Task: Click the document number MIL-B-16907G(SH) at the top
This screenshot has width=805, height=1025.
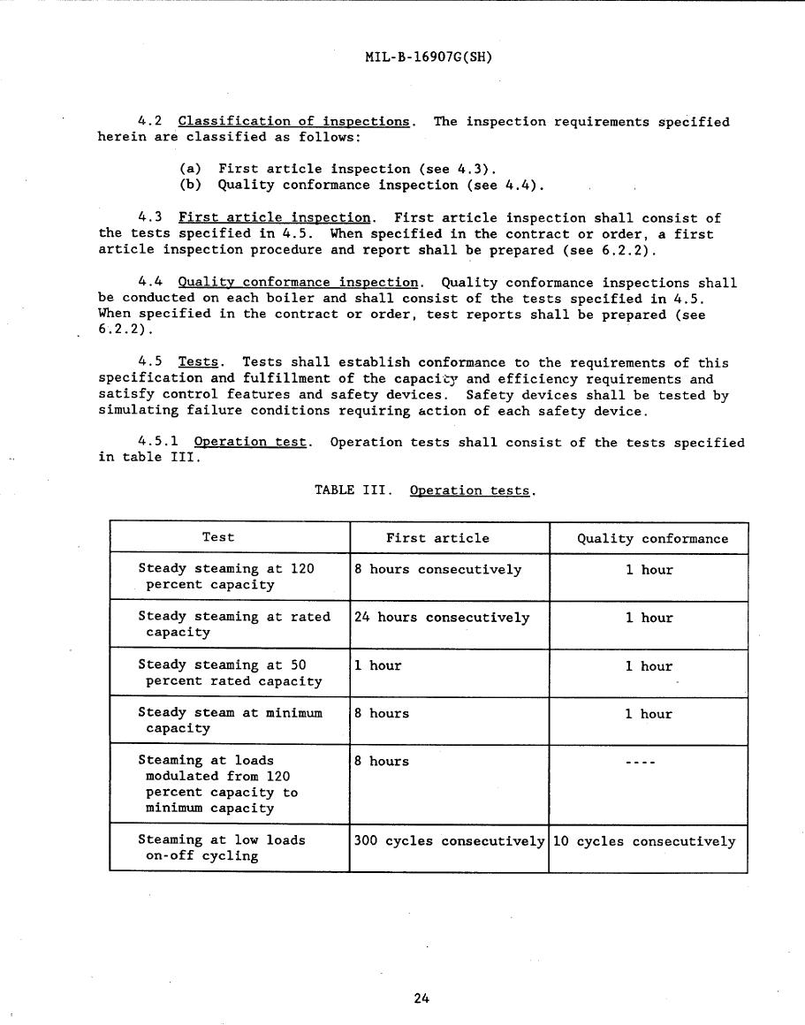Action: (428, 57)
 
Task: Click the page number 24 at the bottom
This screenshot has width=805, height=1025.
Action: (421, 998)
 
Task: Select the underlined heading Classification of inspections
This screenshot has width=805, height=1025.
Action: (293, 121)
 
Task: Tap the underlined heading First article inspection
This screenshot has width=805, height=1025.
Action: (274, 217)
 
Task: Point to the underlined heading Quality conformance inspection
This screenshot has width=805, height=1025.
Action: (298, 282)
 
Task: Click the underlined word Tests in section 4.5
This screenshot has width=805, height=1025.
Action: (198, 362)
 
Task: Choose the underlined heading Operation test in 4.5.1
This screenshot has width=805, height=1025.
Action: (250, 442)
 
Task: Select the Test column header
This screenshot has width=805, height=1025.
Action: (218, 537)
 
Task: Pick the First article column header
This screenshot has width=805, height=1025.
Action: (437, 538)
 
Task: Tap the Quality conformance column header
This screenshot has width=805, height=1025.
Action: (652, 538)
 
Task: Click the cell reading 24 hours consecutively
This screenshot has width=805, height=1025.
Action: (442, 618)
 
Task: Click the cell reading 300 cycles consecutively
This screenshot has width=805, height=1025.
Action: (449, 841)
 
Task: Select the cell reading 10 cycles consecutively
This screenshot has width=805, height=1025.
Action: (643, 841)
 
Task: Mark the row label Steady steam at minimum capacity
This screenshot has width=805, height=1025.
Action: (230, 720)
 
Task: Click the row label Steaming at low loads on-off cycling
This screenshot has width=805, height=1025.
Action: (221, 847)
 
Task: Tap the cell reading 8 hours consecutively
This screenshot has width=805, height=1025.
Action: (437, 570)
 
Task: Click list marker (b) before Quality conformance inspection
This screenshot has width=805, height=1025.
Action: (191, 186)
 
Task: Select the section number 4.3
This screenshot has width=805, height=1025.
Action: (149, 217)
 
